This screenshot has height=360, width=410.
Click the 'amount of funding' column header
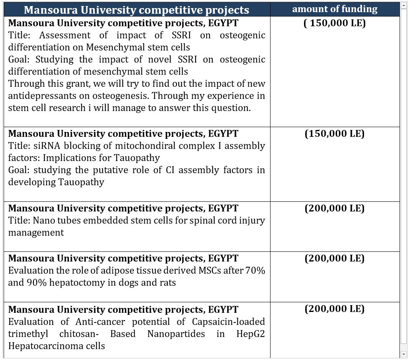click(x=335, y=9)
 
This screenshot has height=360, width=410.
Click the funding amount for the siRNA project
click(x=335, y=134)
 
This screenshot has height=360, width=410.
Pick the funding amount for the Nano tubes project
click(x=335, y=208)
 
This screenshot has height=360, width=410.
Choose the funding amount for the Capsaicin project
click(x=335, y=309)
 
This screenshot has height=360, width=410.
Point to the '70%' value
click(x=255, y=270)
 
